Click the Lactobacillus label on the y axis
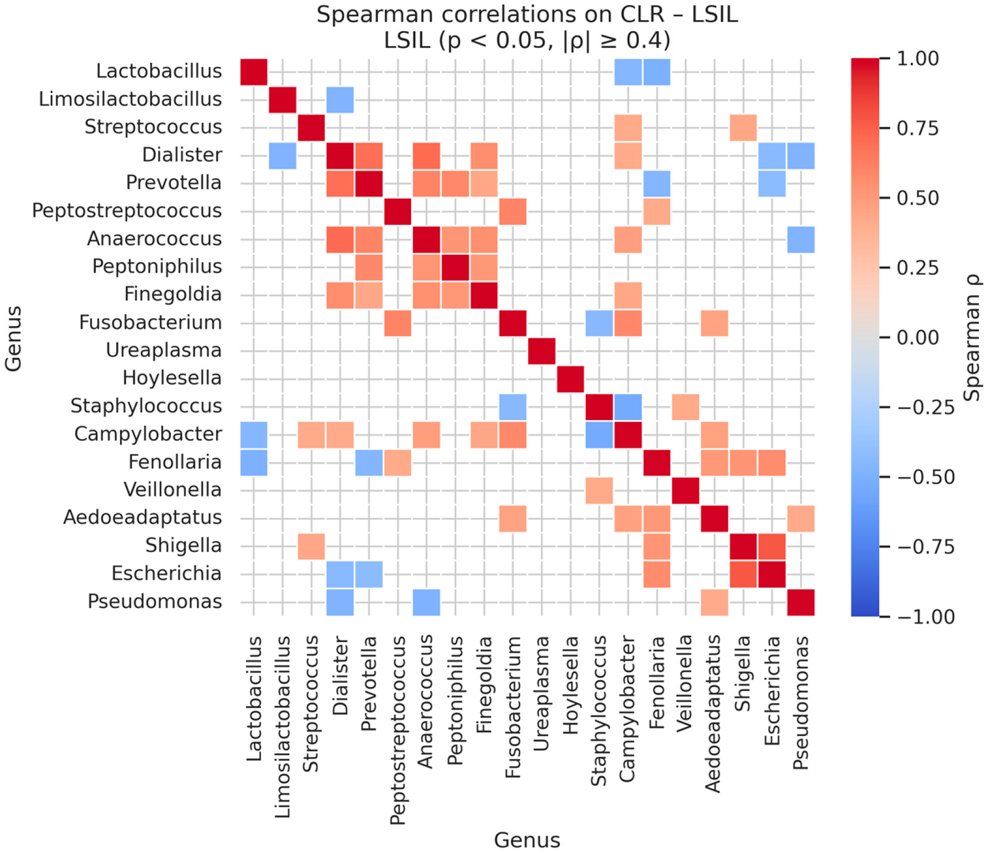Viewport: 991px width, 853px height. coord(159,71)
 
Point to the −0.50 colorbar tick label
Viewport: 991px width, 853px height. coord(926,477)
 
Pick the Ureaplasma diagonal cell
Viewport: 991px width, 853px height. coord(541,351)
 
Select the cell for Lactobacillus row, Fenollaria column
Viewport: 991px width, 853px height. coord(657,72)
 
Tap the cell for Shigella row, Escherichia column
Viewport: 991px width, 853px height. coord(772,546)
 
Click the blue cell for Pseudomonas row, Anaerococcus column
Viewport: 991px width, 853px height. coord(426,602)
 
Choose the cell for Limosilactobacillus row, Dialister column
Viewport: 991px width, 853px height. coord(340,100)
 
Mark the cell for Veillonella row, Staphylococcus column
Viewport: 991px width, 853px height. coord(599,490)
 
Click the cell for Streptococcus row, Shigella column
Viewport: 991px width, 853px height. coord(743,127)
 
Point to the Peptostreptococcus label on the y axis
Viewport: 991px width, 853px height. coord(127,211)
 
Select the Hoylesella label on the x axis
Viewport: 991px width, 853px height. coord(570,686)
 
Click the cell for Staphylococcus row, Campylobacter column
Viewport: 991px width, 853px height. coord(628,407)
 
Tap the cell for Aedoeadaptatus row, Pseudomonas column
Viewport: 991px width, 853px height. coord(801,518)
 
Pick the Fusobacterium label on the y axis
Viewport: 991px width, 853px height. coord(150,323)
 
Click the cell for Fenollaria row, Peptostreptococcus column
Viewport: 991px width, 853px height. coord(397,462)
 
